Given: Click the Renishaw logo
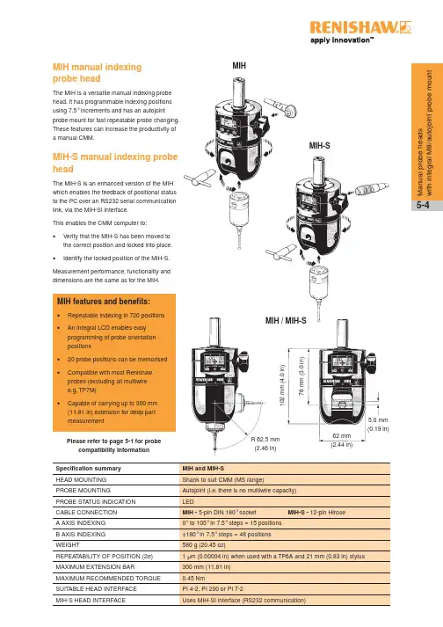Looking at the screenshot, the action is click(x=360, y=27).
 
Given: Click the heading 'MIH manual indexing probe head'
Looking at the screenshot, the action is click(x=98, y=73).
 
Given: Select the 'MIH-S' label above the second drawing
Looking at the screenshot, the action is click(x=319, y=146).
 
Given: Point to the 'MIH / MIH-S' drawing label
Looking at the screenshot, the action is click(x=286, y=320).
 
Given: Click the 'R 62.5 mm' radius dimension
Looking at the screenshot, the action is click(x=265, y=440).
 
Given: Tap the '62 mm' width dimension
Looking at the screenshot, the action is click(x=342, y=436).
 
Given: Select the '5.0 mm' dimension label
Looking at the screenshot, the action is click(x=378, y=419).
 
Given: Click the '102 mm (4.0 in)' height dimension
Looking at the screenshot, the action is click(x=282, y=385).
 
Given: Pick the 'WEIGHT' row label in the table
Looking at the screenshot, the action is click(x=68, y=545).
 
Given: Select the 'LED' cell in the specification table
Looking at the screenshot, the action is click(x=188, y=501).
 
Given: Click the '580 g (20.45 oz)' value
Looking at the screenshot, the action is click(x=204, y=545).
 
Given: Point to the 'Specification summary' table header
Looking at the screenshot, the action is click(x=89, y=468).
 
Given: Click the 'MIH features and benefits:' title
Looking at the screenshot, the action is click(x=104, y=302).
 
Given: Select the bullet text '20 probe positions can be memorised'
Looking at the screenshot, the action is click(x=117, y=360).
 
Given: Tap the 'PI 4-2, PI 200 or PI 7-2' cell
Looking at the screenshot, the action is click(x=213, y=589).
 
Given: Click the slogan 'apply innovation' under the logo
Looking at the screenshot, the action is click(x=342, y=40).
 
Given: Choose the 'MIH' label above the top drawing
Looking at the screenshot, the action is click(x=239, y=66).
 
